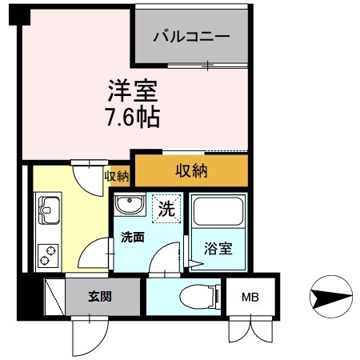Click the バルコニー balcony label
click(191, 37)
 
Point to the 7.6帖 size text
click(133, 118)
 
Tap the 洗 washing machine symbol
click(167, 211)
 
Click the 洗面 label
click(133, 238)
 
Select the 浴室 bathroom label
click(218, 248)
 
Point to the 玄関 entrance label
click(99, 296)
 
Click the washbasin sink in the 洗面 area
click(128, 206)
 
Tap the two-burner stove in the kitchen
click(47, 254)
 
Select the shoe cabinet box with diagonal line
click(54, 297)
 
